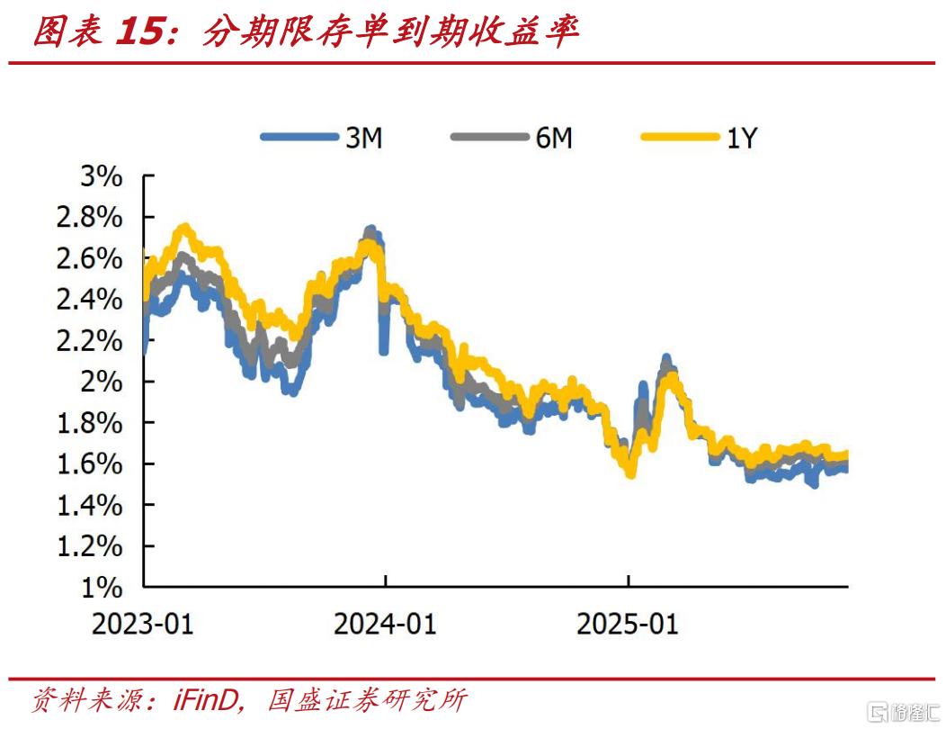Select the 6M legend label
[x=553, y=138]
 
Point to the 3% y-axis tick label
[x=101, y=176]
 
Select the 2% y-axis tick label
[x=101, y=382]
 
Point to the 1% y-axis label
[x=101, y=588]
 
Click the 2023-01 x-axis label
[x=142, y=624]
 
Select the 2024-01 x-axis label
[x=385, y=624]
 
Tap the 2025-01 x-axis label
[x=628, y=624]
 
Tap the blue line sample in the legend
[x=297, y=138]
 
